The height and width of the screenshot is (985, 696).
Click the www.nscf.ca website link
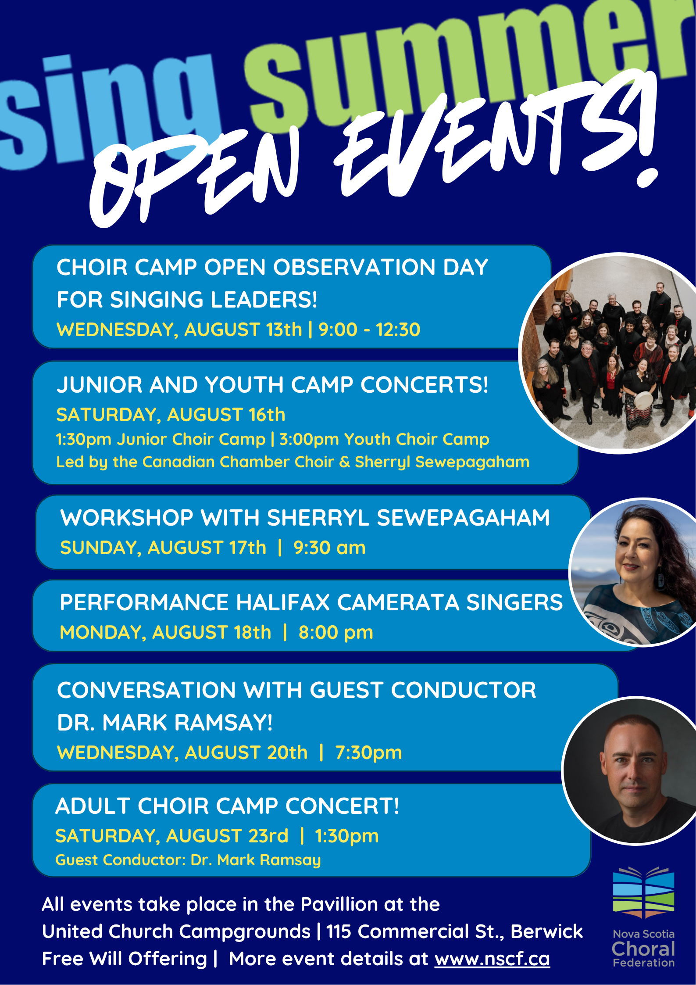tap(492, 959)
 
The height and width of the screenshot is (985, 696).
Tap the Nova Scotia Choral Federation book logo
tap(643, 892)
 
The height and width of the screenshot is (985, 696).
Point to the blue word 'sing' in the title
tap(110, 110)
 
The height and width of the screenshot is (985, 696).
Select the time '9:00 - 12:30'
tap(369, 330)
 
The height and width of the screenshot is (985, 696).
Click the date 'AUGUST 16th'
tap(226, 415)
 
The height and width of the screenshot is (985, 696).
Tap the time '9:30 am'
tap(329, 548)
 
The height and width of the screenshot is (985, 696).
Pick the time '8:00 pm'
tap(336, 632)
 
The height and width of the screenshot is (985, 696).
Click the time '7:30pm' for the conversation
tap(368, 752)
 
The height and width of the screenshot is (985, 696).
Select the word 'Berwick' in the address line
tap(547, 931)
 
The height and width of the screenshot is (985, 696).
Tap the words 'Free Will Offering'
tap(124, 959)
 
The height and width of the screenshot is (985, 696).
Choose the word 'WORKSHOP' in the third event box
tap(127, 518)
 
